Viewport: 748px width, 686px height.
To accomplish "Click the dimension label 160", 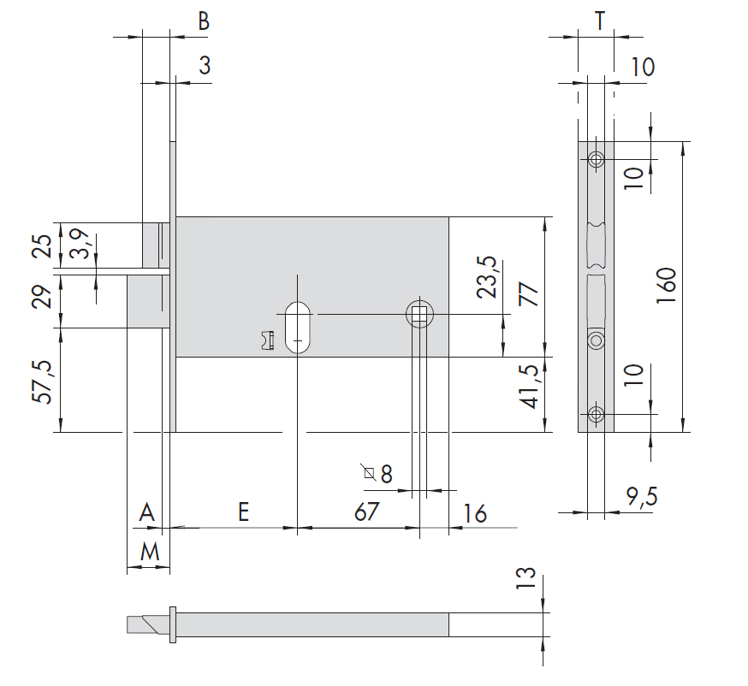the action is tap(667, 286).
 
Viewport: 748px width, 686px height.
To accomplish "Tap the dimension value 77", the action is tap(529, 293).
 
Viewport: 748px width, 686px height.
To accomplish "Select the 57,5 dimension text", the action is tap(43, 381).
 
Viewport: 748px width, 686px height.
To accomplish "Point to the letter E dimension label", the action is tap(243, 512).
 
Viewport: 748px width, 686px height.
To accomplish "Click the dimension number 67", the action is tap(367, 512).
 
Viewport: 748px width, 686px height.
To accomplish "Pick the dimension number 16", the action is tap(475, 513).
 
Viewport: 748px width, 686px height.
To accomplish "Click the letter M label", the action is tap(150, 552).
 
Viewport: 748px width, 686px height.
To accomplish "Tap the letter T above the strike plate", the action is tap(600, 21).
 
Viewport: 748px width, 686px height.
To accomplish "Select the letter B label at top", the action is tap(204, 21).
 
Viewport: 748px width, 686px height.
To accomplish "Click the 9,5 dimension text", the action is tap(642, 497).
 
